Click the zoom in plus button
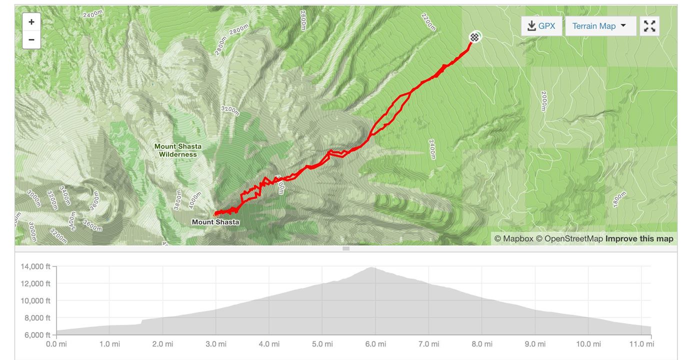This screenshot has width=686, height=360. (x=31, y=22)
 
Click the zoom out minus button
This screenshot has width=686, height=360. (x=31, y=39)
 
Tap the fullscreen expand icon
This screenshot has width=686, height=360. (x=649, y=26)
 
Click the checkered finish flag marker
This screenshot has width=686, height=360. (x=474, y=36)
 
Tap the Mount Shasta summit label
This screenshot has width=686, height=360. (x=215, y=222)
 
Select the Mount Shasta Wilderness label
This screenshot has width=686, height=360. (x=178, y=150)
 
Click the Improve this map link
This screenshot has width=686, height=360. (x=639, y=238)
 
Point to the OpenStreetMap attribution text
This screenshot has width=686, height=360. (x=569, y=238)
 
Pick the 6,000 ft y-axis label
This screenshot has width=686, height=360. (x=36, y=334)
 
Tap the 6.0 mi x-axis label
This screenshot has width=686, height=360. (x=375, y=344)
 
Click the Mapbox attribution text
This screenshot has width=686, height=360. (x=513, y=238)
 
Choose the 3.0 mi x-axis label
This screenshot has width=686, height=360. (x=215, y=344)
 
